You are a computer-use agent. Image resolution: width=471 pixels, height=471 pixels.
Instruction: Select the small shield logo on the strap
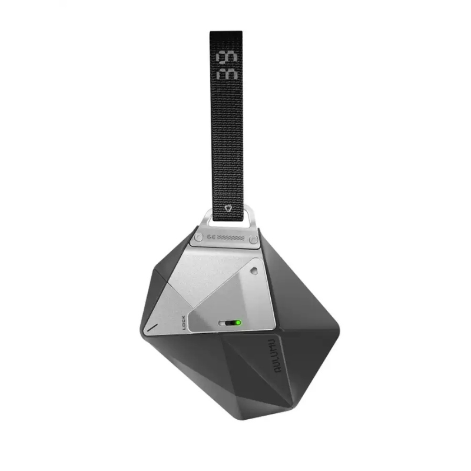(x=228, y=208)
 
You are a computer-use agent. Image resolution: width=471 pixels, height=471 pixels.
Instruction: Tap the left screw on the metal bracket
(x=198, y=237)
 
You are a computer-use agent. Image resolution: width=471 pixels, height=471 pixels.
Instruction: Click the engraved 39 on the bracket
(x=210, y=238)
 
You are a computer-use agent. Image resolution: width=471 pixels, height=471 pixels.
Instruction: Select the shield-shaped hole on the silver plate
(x=254, y=271)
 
